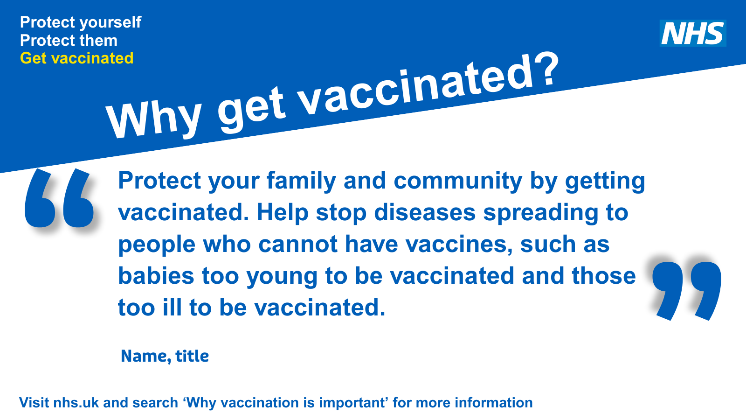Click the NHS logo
pos(693,33)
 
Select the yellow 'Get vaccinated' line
pos(77,58)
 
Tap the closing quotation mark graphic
pos(686,290)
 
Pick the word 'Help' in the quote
pos(283,212)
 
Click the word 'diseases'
pos(424,212)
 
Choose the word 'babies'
pos(156,276)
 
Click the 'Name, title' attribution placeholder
pos(165,356)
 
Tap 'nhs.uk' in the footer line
pos(76,403)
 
